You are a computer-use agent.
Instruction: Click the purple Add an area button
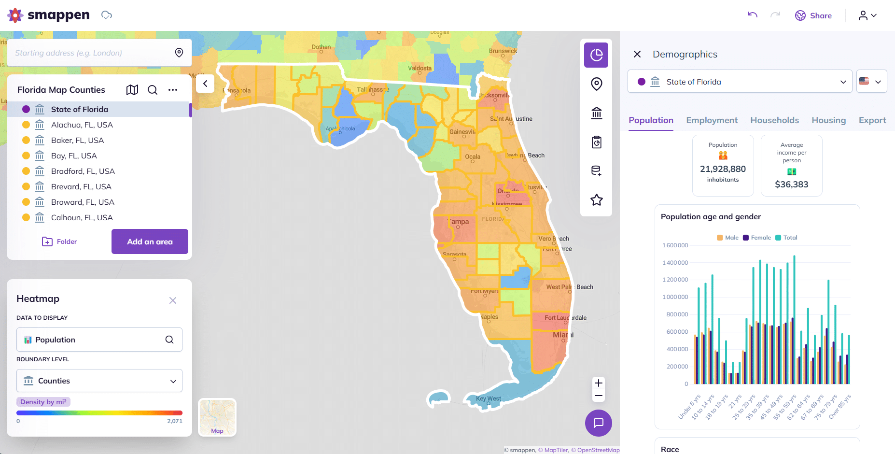pos(150,241)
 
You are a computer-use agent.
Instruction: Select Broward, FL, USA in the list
pos(83,202)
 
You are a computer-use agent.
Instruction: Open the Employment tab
pos(712,120)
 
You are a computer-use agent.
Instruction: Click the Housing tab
pos(828,120)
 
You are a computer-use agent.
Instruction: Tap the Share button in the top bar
pos(813,15)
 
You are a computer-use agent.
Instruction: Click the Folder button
pos(60,241)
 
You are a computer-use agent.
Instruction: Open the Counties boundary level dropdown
pos(99,381)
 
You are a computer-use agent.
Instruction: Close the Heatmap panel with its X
pos(173,300)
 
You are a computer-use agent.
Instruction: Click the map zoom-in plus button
pos(599,383)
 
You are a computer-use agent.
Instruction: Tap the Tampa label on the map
pos(459,222)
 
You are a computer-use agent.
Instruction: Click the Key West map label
pos(488,398)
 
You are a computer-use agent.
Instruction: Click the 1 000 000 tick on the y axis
pos(675,297)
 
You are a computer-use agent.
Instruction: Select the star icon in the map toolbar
pos(597,200)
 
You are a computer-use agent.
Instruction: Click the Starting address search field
pos(92,53)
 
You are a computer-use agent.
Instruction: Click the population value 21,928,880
pos(723,169)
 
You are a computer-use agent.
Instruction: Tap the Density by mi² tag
pos(43,402)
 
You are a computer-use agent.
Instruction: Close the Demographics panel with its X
pos(637,54)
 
